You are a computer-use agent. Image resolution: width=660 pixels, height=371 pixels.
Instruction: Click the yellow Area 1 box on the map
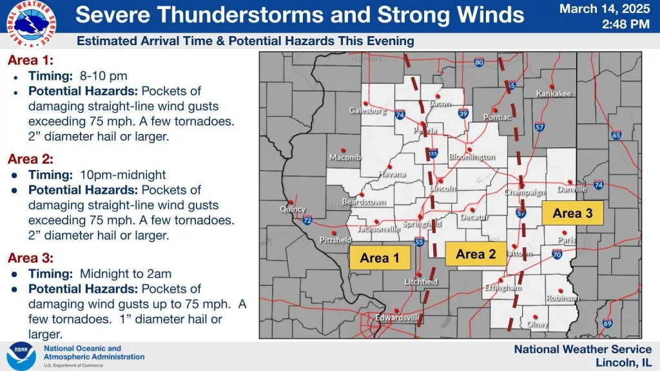[x=380, y=258]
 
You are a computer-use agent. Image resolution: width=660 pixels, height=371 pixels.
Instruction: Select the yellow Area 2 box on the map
[x=476, y=254]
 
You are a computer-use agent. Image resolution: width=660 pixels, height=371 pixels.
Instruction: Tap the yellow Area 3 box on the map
[x=572, y=213]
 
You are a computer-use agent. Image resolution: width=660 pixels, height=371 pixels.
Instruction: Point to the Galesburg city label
[x=367, y=110]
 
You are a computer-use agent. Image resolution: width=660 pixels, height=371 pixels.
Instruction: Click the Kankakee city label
[x=553, y=93]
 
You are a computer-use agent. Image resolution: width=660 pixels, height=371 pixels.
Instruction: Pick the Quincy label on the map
[x=293, y=209]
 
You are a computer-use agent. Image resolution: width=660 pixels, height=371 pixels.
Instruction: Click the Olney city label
[x=538, y=325]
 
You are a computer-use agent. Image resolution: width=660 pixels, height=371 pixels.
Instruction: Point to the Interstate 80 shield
[x=478, y=62]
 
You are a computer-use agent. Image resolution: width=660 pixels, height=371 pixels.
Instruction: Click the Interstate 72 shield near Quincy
[x=307, y=220]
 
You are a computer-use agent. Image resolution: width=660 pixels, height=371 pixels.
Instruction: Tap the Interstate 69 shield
[x=607, y=323]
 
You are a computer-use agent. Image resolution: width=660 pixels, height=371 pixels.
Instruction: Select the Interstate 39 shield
[x=463, y=113]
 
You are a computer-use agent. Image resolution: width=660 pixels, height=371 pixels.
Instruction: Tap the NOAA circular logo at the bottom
[x=21, y=356]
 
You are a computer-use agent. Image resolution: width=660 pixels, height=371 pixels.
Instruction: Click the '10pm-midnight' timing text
[x=122, y=175]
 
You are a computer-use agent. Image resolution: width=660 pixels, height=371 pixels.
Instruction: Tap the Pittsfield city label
[x=335, y=239]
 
